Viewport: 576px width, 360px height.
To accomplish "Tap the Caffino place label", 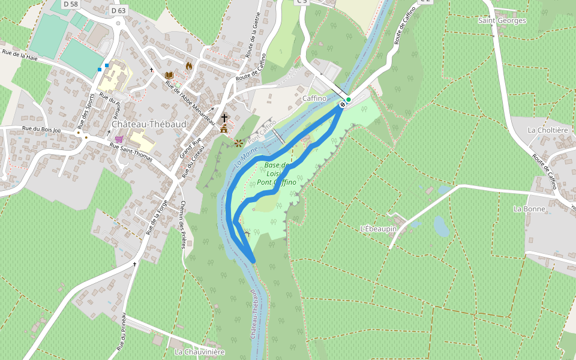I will coord(314,98).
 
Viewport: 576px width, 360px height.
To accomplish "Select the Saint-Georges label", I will coord(502,20).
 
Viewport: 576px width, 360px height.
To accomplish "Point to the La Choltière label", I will coord(547,130).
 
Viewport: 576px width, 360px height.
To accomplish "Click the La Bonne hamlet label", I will coord(529,209).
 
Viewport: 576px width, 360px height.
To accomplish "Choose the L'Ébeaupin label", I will coord(379,229).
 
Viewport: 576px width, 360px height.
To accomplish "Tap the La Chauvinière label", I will coord(199,352).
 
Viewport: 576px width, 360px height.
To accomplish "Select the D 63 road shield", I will coord(119,10).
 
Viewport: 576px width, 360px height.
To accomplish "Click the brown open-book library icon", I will coord(169,75).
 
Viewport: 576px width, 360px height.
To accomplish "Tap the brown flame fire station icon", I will coord(189,66).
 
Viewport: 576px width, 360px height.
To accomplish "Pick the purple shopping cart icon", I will coord(119,139).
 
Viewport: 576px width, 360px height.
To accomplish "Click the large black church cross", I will coord(224,118).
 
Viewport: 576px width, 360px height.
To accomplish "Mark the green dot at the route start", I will coord(348,100).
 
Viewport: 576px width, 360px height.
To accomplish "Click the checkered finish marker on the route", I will coord(342,105).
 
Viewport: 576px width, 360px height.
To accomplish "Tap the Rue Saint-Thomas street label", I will coord(131,148).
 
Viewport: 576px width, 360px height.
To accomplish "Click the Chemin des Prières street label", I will coord(183,224).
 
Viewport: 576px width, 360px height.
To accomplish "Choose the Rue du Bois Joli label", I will coord(41,129).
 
